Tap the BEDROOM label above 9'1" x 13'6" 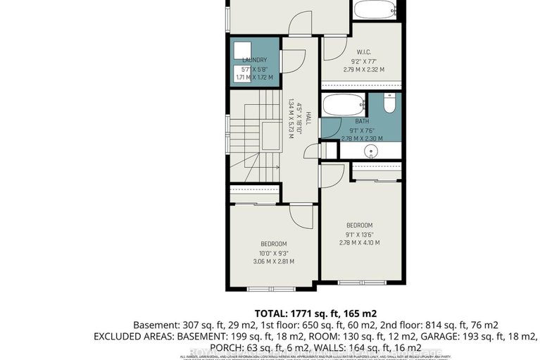click(358, 225)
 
